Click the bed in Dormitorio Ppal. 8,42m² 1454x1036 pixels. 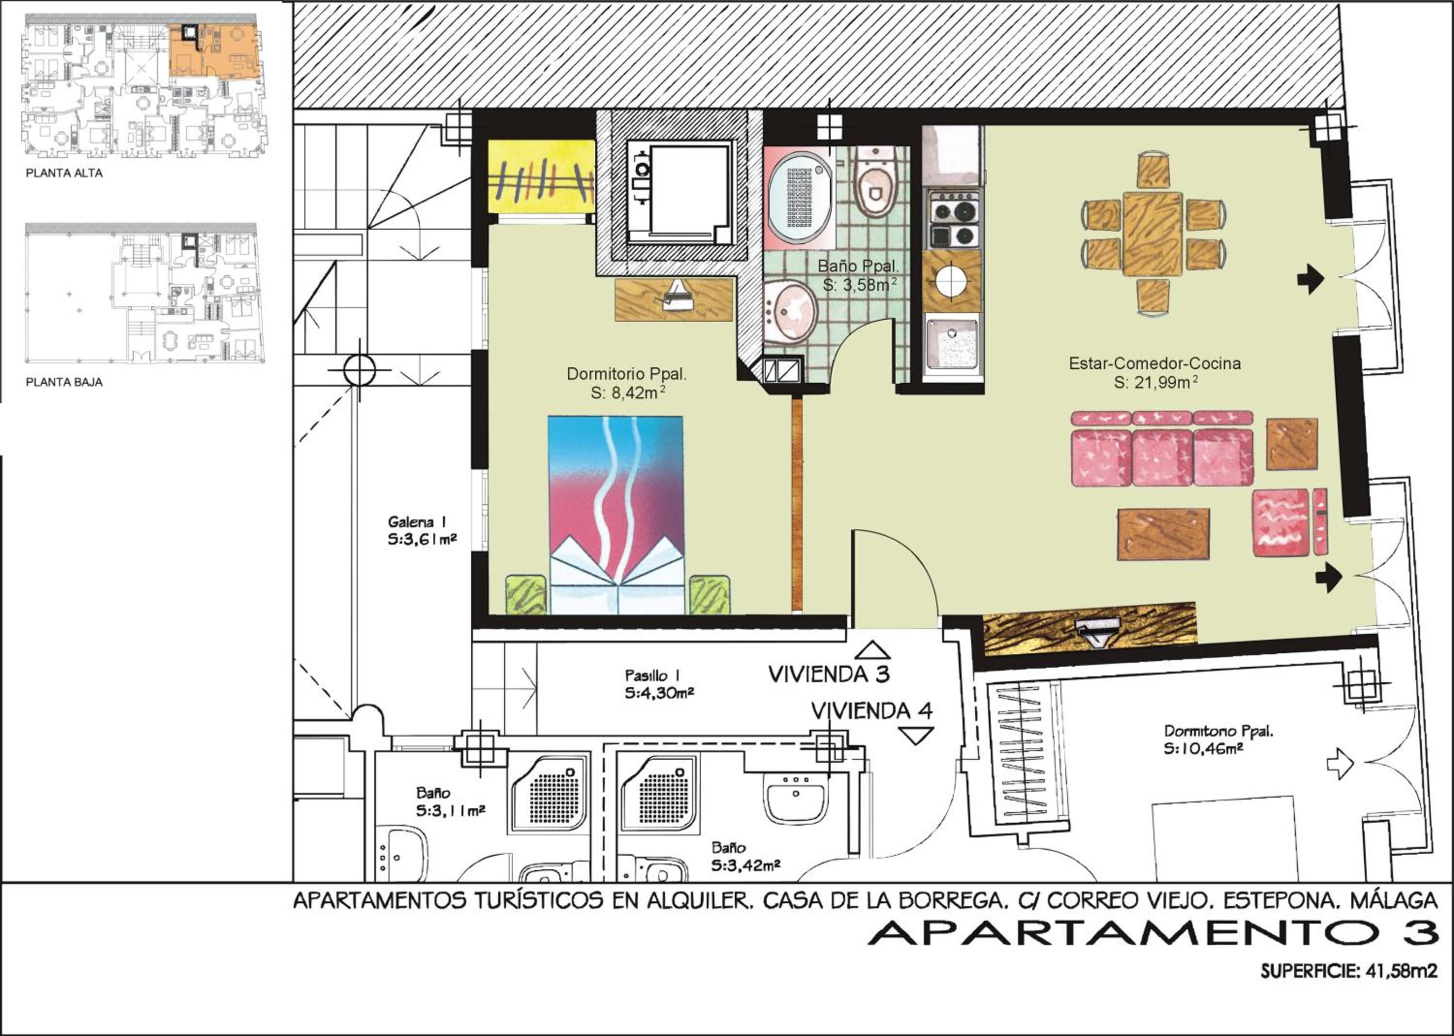616,515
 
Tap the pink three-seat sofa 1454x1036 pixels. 1161,450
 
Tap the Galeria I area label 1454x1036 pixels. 422,531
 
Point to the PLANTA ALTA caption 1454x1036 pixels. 64,173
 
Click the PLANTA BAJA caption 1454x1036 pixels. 64,383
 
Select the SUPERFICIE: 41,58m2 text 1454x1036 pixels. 1349,972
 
